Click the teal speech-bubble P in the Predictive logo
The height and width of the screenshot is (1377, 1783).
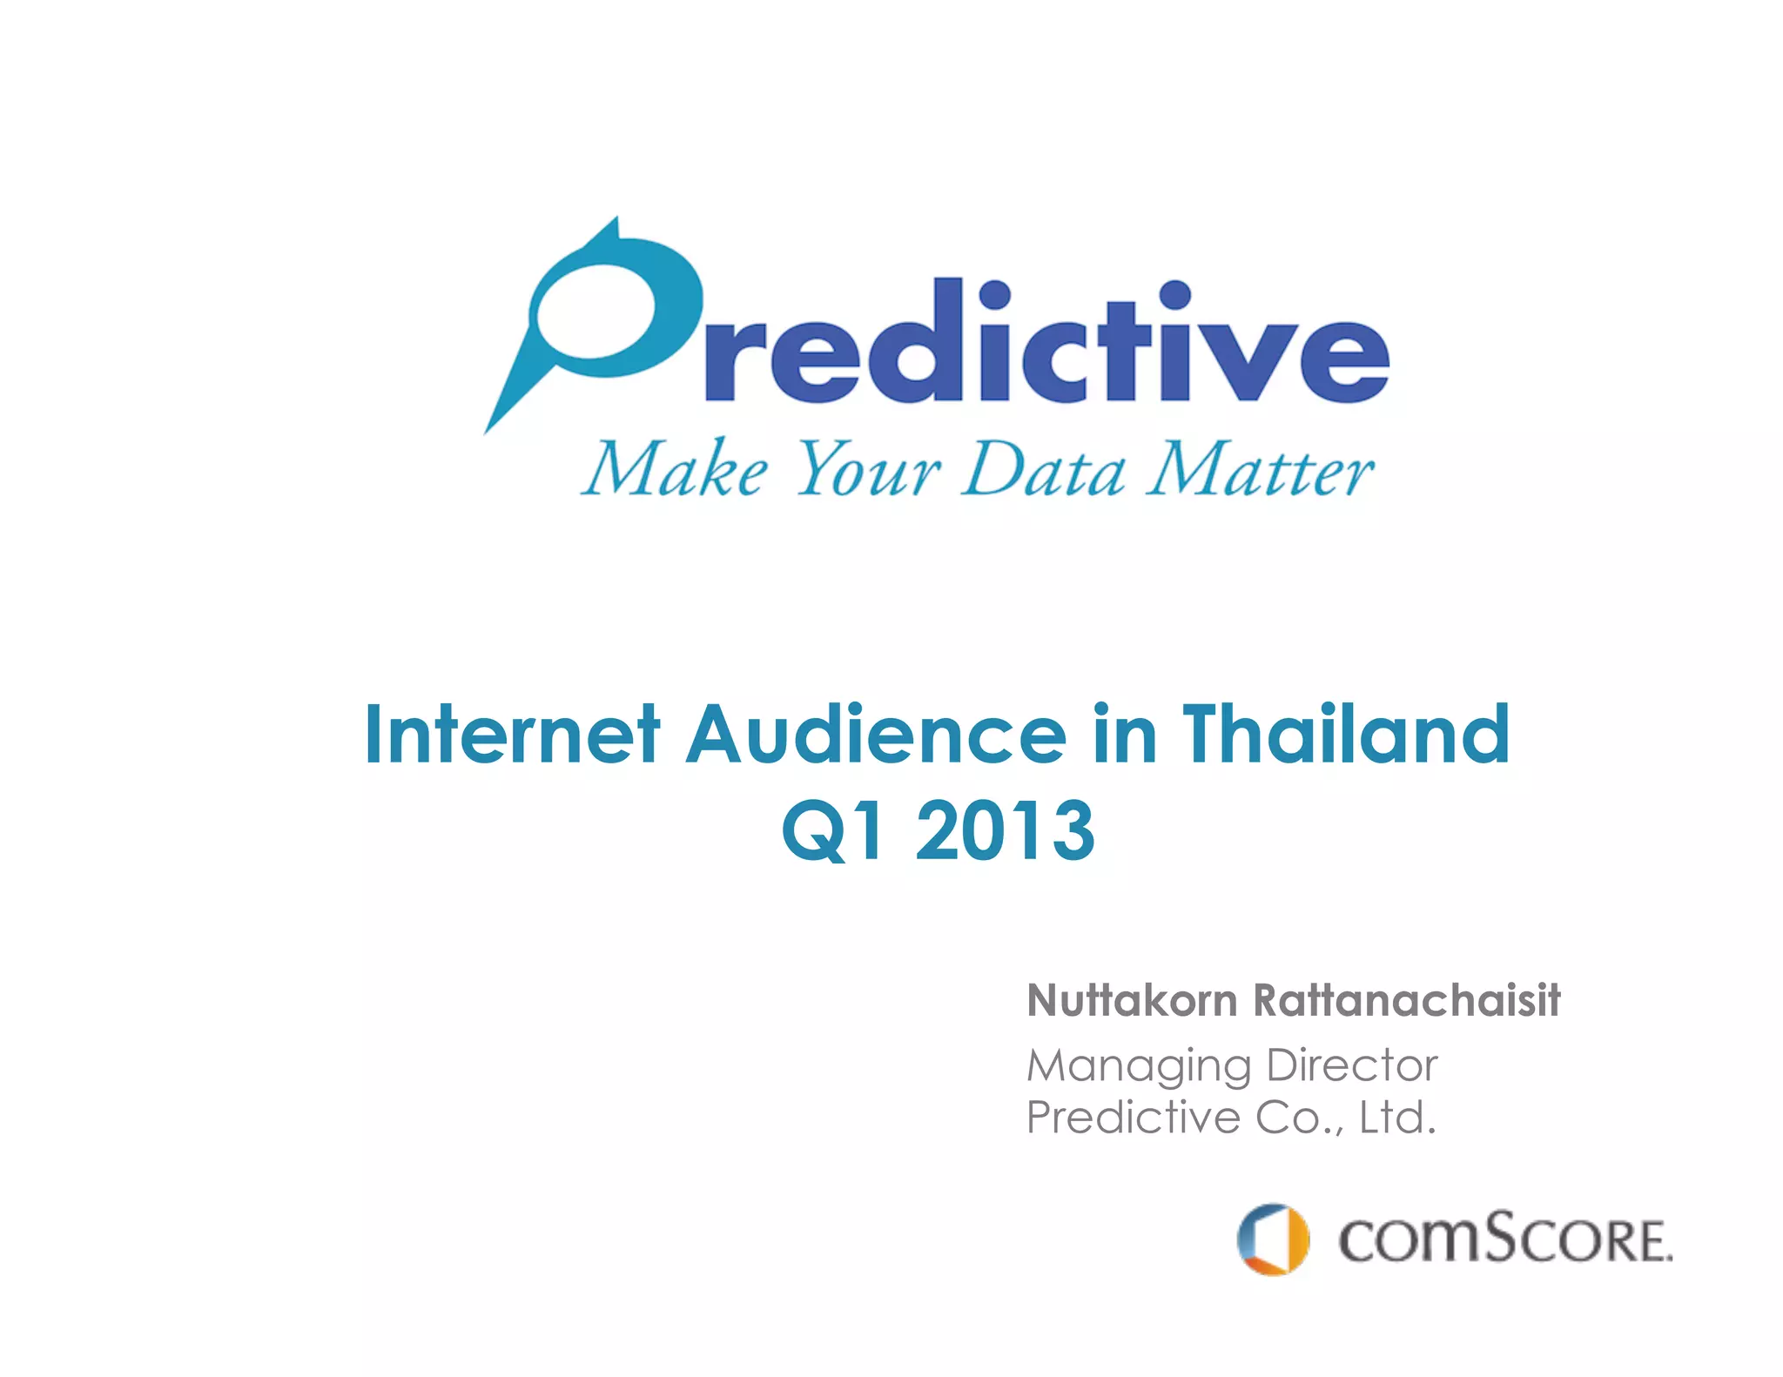pos(601,313)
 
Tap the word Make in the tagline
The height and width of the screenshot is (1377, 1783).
pos(675,470)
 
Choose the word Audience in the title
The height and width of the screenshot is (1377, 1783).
pos(875,736)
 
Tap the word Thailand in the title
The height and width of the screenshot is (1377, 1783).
pos(1345,736)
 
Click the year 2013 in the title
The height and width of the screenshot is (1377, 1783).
pos(1006,831)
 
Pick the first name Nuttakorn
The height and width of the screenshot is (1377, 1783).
pos(1132,1001)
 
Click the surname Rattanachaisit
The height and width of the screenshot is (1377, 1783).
pos(1406,1001)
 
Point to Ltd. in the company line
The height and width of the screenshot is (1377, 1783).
pos(1396,1118)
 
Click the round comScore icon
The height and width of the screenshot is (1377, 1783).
pos(1273,1239)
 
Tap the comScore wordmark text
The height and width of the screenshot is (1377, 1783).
pos(1504,1239)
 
